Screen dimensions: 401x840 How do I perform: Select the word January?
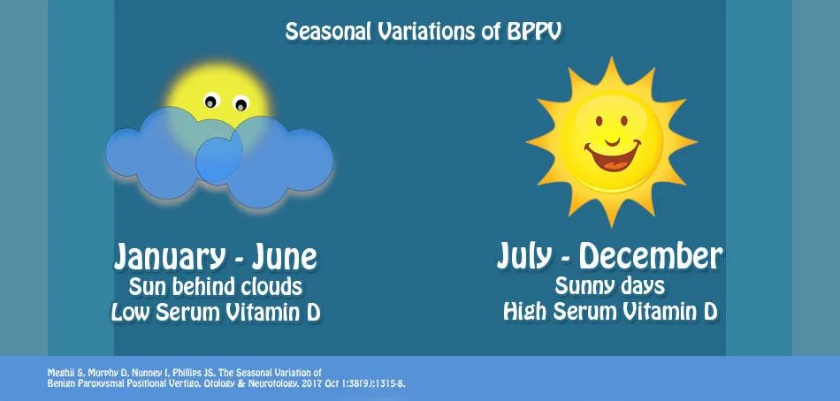tap(165, 257)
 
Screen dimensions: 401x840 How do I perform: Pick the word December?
tap(651, 256)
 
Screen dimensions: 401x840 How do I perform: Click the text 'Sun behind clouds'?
tap(215, 287)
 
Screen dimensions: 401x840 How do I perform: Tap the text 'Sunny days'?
tap(609, 286)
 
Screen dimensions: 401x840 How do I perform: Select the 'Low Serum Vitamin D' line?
tap(215, 314)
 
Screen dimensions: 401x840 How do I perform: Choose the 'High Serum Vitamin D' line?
tap(609, 312)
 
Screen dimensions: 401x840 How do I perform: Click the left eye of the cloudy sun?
tap(210, 102)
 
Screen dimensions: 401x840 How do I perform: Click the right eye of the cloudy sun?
tap(240, 105)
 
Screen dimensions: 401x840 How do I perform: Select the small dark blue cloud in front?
tap(218, 159)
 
